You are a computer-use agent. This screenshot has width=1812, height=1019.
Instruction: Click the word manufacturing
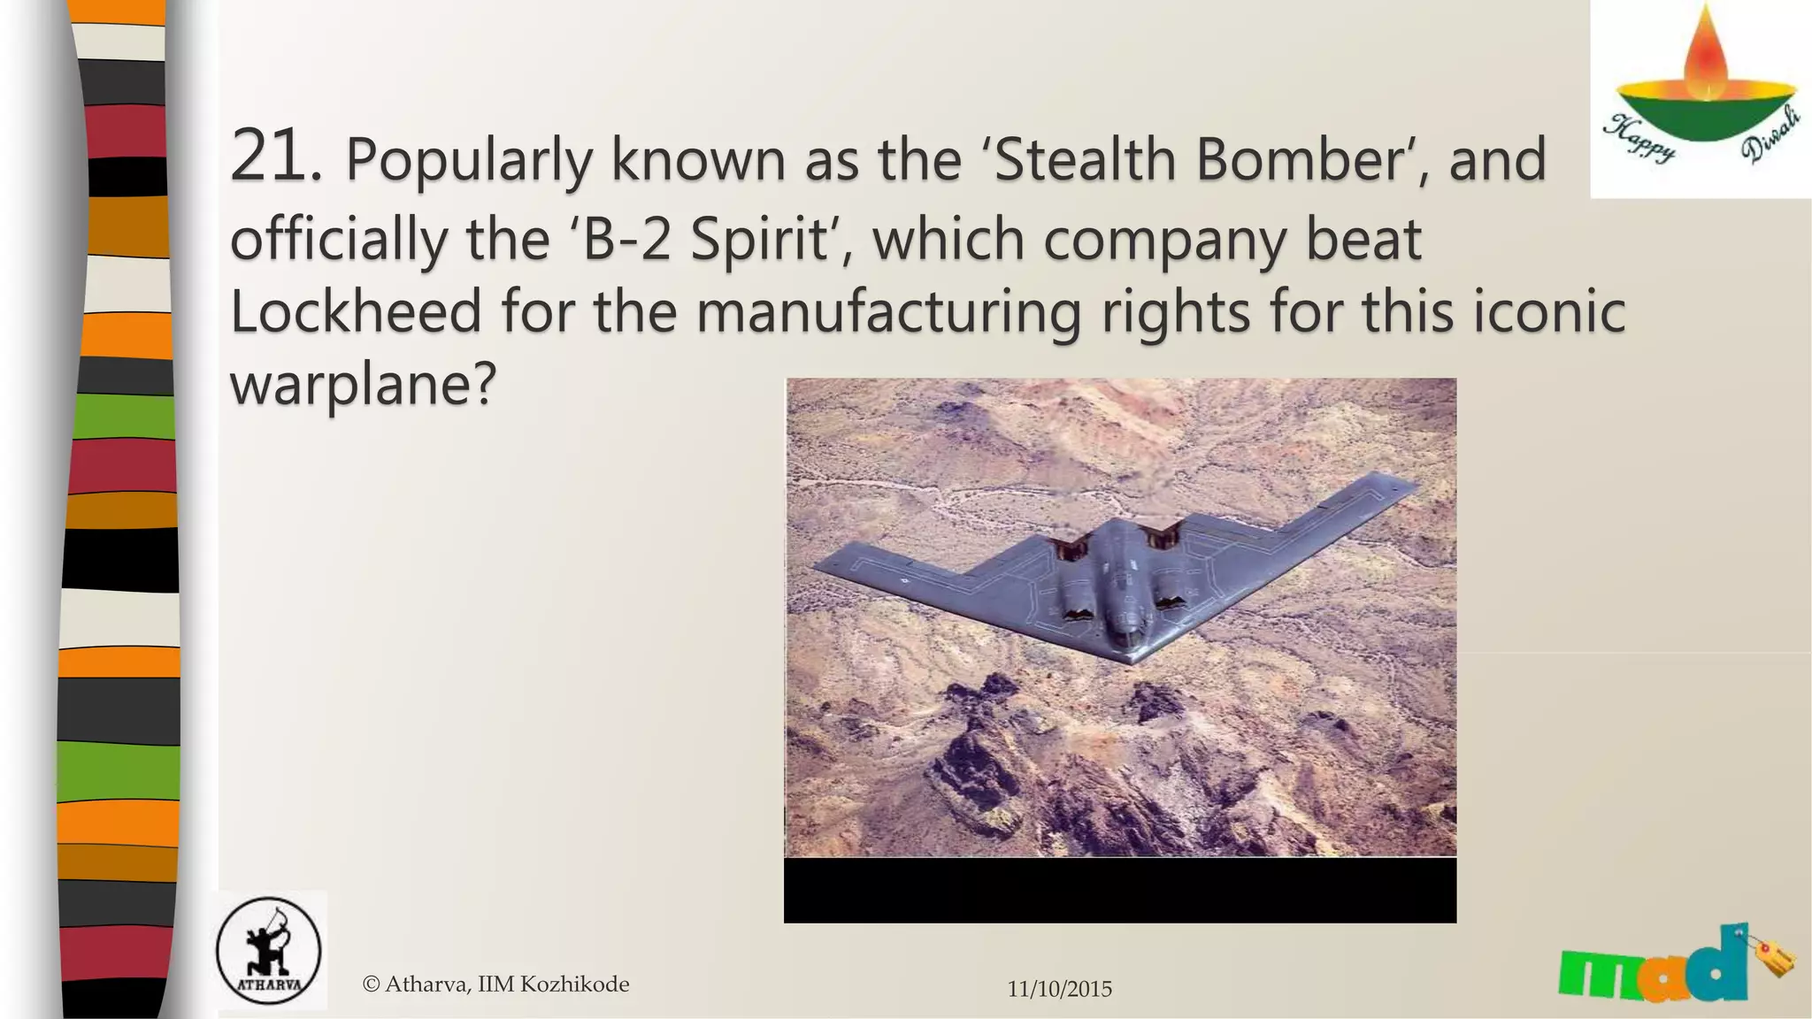888,313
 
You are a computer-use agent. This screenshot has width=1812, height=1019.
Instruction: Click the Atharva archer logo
268,952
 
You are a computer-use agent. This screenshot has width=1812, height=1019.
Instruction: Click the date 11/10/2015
1059,989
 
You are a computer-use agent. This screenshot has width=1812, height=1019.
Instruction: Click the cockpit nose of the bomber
1125,633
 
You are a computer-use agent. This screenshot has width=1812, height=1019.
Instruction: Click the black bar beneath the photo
1119,890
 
